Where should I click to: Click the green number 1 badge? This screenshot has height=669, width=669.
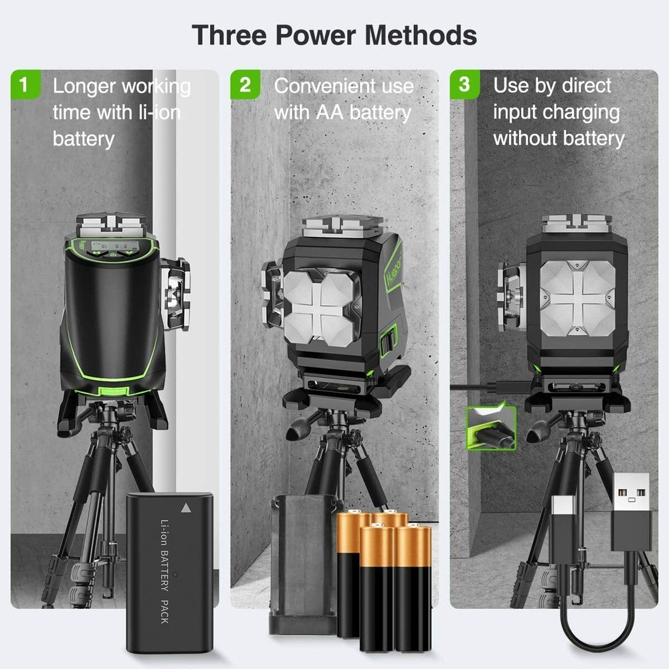tap(25, 85)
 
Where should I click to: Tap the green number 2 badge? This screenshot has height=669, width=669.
tap(246, 85)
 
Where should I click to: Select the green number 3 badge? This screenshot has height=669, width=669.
tap(464, 85)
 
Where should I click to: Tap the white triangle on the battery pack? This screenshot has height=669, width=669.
tap(185, 508)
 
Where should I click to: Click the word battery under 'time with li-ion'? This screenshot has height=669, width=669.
tap(84, 139)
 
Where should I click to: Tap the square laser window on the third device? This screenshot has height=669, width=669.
tap(577, 298)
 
